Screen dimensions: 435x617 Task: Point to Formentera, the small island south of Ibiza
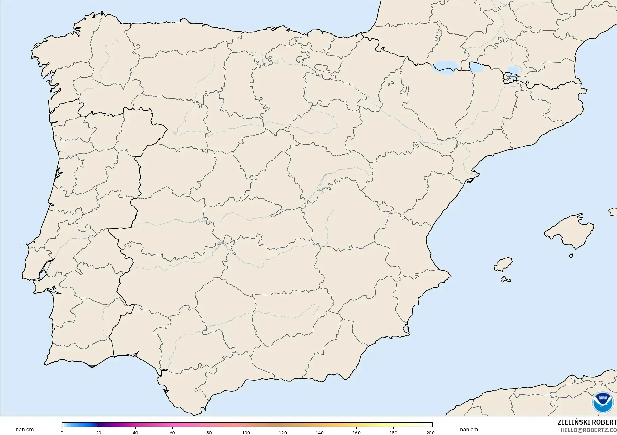505,280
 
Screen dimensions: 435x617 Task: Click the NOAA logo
602,402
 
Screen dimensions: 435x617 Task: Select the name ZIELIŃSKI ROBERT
587,422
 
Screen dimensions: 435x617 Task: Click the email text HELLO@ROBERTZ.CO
589,430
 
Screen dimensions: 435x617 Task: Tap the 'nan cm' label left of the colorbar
25,430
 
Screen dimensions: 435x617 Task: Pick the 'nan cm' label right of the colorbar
469,430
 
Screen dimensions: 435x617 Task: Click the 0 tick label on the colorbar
62,433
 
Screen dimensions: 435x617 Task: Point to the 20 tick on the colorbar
99,433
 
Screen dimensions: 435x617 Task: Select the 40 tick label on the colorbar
135,433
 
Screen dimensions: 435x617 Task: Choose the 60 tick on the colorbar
172,433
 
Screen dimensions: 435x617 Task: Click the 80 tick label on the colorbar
209,433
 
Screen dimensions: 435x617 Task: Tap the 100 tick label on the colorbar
246,433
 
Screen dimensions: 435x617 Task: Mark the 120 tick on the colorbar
283,433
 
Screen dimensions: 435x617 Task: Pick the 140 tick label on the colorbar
320,433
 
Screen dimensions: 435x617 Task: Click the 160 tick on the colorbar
356,433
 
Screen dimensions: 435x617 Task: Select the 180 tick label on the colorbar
393,433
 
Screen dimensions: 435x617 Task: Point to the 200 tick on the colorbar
430,433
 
